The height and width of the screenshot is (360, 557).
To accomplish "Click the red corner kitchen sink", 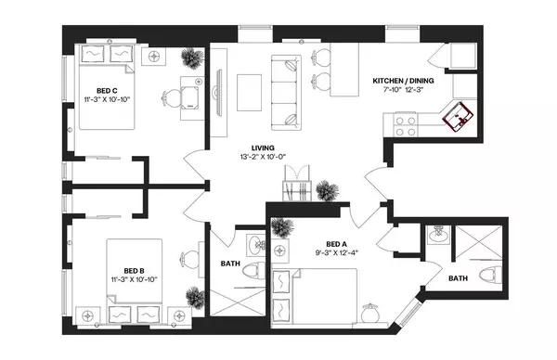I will pyautogui.click(x=460, y=118).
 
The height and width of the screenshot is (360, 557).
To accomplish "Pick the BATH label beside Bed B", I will pyautogui.click(x=232, y=263).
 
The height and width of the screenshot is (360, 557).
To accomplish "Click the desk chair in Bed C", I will pyautogui.click(x=173, y=96).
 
